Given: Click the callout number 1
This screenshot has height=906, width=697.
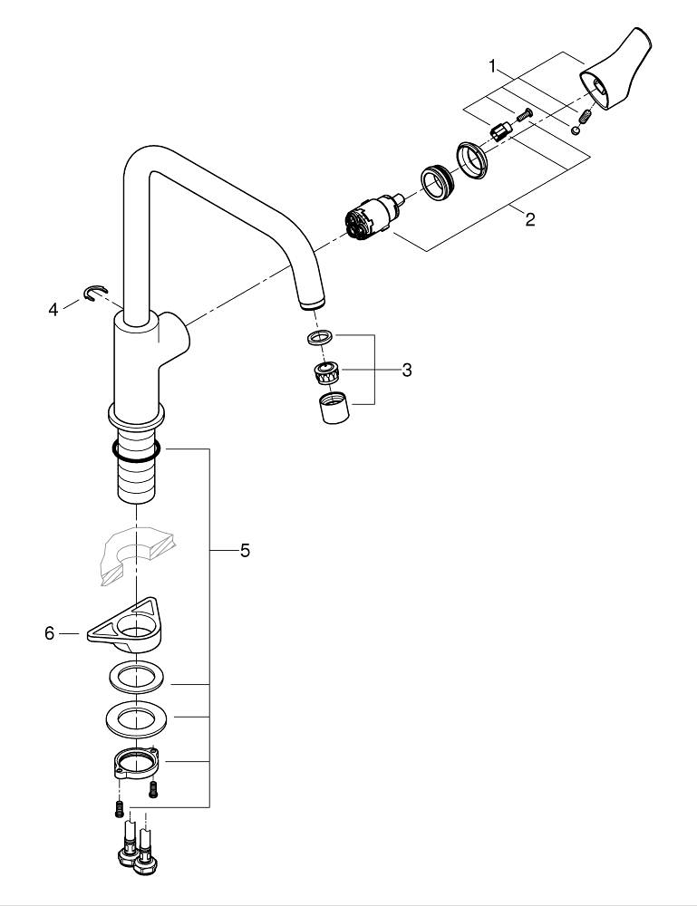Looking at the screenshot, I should (x=493, y=66).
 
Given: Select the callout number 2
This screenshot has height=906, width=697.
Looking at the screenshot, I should (x=529, y=218).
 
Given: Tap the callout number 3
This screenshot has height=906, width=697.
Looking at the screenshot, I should (x=407, y=370).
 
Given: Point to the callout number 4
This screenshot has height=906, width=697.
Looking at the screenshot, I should (x=54, y=310).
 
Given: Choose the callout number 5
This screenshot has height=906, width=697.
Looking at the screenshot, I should (x=245, y=550).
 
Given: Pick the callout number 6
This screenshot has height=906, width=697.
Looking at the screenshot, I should (x=50, y=633).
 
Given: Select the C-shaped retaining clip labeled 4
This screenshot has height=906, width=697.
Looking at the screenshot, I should (x=92, y=292).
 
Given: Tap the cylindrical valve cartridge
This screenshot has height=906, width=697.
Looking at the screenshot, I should (x=370, y=222).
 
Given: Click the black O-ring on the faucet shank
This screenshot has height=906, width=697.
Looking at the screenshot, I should (x=136, y=448).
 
